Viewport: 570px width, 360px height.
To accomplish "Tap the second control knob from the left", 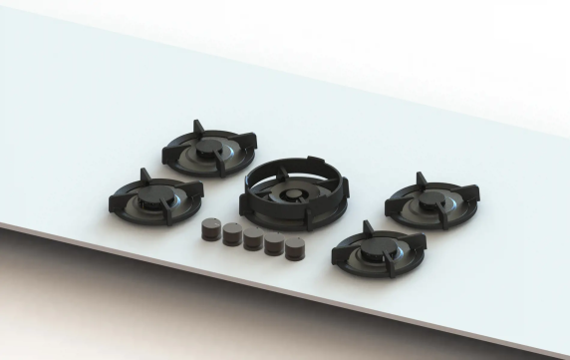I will (x=231, y=235).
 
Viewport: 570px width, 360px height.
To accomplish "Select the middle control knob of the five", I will (x=253, y=239).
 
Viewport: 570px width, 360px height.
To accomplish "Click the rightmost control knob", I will (x=294, y=248).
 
